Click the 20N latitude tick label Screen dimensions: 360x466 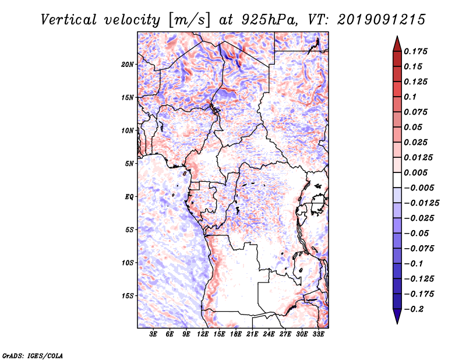coord(128,64)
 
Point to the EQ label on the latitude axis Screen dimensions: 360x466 coord(129,197)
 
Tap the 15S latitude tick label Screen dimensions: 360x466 coord(128,296)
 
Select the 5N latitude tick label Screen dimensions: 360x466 coord(129,164)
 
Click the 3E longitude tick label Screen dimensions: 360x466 coord(154,335)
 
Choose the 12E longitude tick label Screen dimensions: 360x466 coord(203,335)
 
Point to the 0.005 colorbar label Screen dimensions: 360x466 coord(417,172)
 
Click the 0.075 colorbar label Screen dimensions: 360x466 coord(417,112)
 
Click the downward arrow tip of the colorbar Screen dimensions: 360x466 coord(397,322)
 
